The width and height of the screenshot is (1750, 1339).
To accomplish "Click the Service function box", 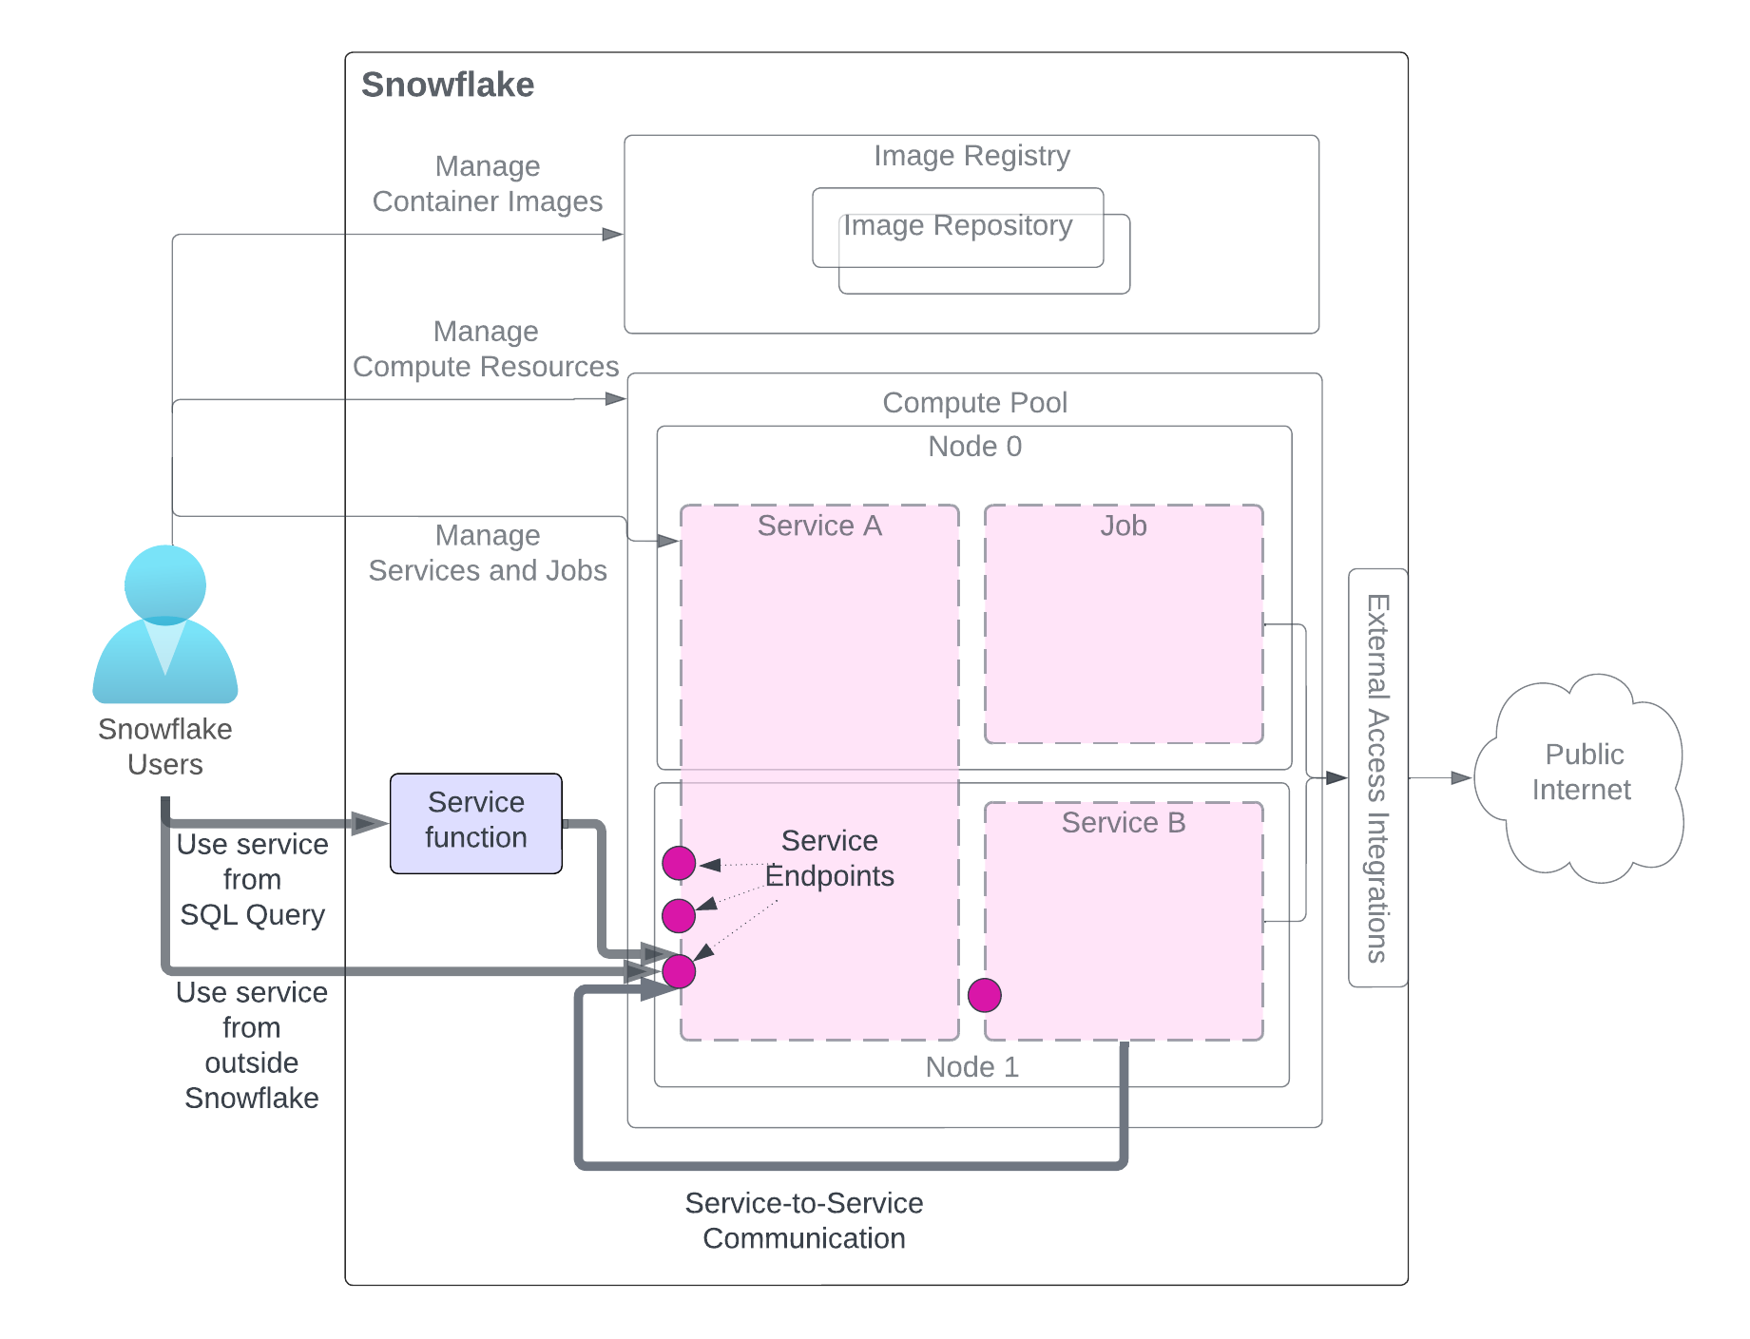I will point(475,822).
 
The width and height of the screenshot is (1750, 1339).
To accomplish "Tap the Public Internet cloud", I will point(1581,775).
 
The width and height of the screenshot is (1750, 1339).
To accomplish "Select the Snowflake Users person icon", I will point(165,624).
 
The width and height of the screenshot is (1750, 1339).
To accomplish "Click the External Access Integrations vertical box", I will point(1377,777).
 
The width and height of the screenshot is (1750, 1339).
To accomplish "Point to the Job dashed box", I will point(1123,624).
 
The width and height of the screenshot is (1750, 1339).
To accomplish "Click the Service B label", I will point(1123,822).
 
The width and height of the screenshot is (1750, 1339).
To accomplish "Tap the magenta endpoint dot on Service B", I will point(984,995).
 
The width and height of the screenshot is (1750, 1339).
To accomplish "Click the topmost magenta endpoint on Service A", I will point(679,863).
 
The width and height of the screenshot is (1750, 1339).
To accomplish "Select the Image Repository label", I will point(957,226).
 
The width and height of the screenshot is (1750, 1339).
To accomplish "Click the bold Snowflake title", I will point(448,85).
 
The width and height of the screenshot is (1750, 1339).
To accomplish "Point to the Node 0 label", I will point(974,447).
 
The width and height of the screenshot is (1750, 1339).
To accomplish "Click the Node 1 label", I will point(971,1067).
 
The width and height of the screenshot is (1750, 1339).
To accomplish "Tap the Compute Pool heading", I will point(974,403).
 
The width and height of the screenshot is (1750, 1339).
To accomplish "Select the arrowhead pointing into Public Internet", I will point(1461,778).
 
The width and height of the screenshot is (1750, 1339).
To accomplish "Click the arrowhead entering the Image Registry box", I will point(613,234).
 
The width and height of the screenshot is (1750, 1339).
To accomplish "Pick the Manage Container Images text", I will point(487,183).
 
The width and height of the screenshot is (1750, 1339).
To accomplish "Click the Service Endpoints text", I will point(829,858).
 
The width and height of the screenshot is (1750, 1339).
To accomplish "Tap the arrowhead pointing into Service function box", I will point(369,823).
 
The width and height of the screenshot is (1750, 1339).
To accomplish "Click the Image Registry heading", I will point(971,156).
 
